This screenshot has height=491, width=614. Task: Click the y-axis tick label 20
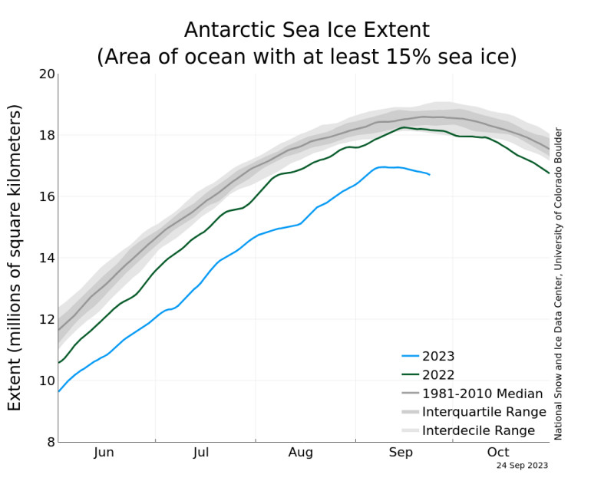click(47, 74)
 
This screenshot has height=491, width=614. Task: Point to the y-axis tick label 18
click(47, 135)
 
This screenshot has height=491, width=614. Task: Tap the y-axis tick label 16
click(47, 196)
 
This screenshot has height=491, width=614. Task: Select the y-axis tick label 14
click(47, 258)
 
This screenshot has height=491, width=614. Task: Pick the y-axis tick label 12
click(47, 319)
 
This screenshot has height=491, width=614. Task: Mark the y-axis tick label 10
click(47, 381)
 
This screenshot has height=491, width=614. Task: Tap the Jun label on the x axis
click(104, 453)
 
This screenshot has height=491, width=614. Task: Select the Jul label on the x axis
click(201, 453)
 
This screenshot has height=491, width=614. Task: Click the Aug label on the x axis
click(301, 453)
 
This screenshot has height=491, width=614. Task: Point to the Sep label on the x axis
click(400, 453)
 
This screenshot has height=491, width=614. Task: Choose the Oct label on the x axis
click(498, 453)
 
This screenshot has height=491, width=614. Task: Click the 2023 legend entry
click(438, 356)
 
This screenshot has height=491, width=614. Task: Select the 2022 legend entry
click(438, 374)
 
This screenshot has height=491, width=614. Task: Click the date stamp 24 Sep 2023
click(522, 465)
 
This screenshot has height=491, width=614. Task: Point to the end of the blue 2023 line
click(430, 175)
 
